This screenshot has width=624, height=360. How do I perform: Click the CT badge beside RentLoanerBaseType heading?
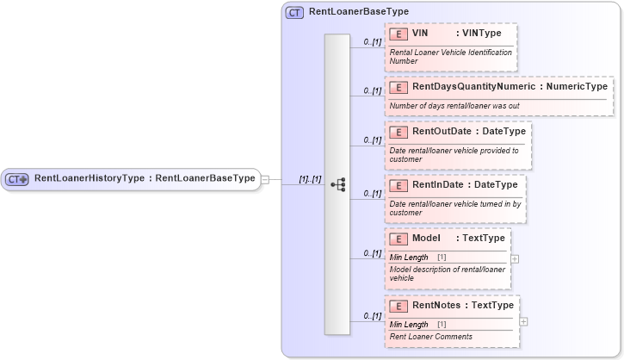pyautogui.click(x=294, y=12)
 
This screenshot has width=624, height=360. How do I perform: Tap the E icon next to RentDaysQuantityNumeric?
pyautogui.click(x=398, y=87)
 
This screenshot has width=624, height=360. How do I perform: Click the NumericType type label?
pyautogui.click(x=574, y=87)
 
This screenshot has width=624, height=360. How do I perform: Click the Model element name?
pyautogui.click(x=427, y=238)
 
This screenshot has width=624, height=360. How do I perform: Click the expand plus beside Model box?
pyautogui.click(x=515, y=258)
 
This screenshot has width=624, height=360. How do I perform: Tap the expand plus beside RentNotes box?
pyautogui.click(x=523, y=321)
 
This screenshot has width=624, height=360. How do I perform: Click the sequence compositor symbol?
pyautogui.click(x=337, y=183)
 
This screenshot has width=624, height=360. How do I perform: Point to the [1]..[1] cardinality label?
pyautogui.click(x=310, y=179)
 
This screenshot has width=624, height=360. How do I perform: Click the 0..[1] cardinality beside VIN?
pyautogui.click(x=372, y=41)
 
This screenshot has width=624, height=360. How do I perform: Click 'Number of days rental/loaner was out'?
pyautogui.click(x=454, y=105)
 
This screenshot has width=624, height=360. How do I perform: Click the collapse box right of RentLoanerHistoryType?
pyautogui.click(x=266, y=179)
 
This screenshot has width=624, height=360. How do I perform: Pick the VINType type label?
pyautogui.click(x=482, y=34)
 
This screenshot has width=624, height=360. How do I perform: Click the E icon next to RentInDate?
pyautogui.click(x=398, y=184)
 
